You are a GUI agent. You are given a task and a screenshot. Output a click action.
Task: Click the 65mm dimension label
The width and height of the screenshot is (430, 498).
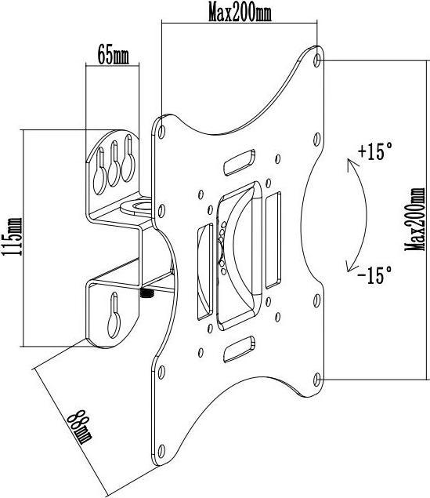(113, 55)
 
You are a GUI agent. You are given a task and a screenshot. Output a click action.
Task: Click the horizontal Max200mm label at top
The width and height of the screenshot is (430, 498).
(239, 13)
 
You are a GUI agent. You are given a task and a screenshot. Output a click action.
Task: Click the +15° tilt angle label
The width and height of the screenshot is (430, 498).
(373, 151)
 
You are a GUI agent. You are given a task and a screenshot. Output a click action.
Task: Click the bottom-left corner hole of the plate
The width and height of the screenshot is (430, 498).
(161, 369)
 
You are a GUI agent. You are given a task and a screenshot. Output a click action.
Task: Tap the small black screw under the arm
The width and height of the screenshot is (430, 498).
(146, 294)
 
